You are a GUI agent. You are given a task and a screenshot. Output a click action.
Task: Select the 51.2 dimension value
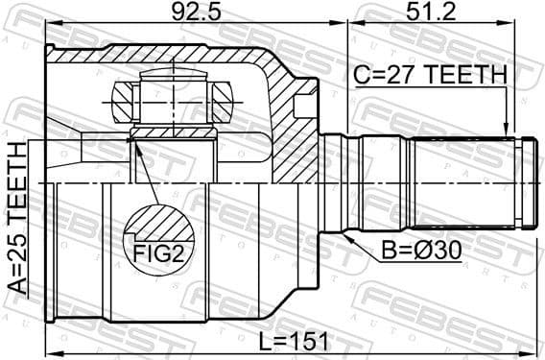431,13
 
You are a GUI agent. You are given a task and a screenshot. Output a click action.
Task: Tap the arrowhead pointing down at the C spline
505,131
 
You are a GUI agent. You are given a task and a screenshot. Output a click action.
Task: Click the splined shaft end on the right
470,182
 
